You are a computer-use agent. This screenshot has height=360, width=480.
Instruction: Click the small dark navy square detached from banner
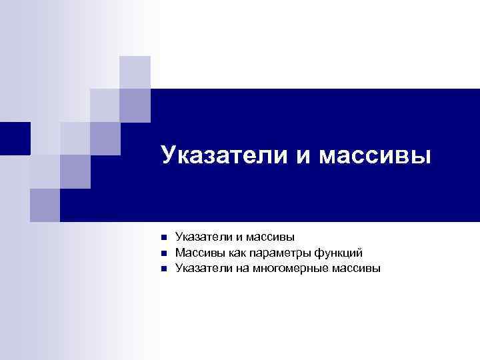point(15,138)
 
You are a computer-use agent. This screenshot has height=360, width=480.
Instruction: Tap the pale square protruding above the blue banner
point(135,72)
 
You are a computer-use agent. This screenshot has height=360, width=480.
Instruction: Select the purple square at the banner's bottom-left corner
point(45,205)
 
